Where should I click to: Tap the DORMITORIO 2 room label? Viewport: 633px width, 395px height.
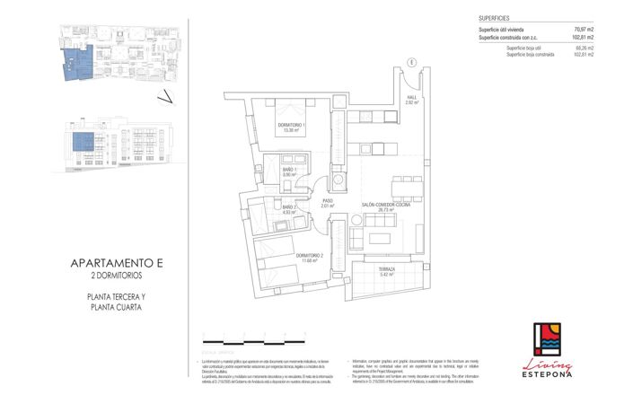(x=308, y=257)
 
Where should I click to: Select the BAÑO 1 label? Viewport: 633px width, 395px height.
(x=289, y=171)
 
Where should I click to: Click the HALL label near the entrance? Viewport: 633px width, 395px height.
(x=412, y=100)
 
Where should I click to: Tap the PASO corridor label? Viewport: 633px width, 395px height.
(x=328, y=203)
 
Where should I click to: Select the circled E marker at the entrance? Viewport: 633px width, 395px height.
(x=409, y=61)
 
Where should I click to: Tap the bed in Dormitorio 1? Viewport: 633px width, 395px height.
(x=290, y=108)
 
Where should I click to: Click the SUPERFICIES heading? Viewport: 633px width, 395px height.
(x=496, y=17)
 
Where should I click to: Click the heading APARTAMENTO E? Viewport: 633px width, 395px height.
(x=117, y=263)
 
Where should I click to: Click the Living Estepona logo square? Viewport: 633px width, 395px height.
(x=549, y=339)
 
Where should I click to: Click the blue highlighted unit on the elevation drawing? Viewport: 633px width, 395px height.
(x=84, y=142)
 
